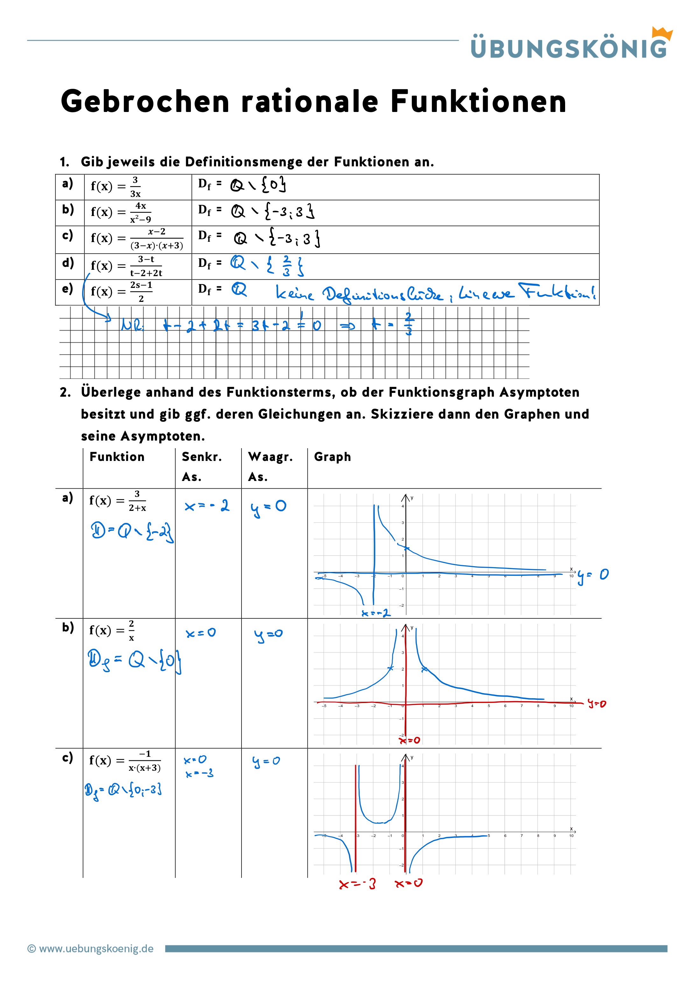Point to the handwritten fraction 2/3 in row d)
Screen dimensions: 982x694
click(x=287, y=266)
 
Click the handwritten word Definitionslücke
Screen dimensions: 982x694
click(x=382, y=294)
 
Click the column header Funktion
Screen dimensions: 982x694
click(x=117, y=457)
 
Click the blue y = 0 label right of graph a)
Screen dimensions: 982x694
click(x=592, y=576)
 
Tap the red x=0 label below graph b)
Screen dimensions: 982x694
click(x=410, y=740)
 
